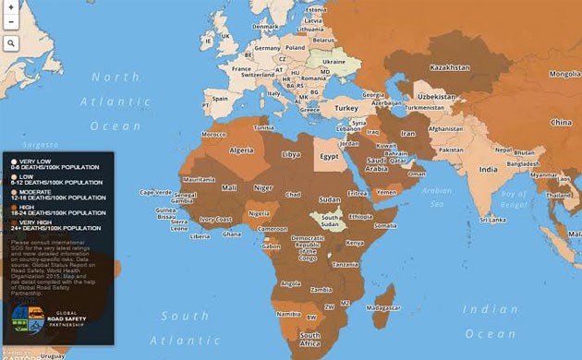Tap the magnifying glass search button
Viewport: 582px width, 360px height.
point(11,43)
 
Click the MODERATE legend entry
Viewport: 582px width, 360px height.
point(55,194)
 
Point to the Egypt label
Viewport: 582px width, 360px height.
point(329,156)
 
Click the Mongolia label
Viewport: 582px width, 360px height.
point(564,74)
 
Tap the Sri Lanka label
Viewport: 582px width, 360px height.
point(491,221)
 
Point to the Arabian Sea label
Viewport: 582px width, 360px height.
point(436,196)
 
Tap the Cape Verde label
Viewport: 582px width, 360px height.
point(154,192)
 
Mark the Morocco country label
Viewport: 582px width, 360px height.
point(213,134)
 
